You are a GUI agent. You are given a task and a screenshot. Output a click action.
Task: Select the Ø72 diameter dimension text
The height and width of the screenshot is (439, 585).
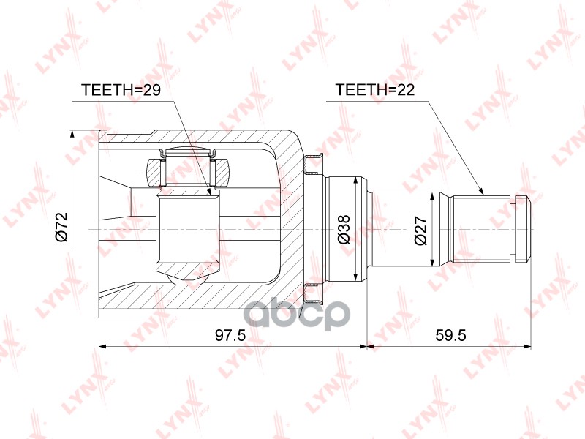click(x=62, y=228)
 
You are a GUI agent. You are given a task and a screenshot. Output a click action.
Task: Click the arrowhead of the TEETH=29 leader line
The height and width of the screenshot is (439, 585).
click(x=210, y=193)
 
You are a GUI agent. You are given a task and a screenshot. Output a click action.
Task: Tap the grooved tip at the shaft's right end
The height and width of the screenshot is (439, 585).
click(x=521, y=228)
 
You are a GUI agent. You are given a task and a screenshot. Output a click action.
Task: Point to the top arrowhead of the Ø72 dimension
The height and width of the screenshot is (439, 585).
click(x=72, y=134)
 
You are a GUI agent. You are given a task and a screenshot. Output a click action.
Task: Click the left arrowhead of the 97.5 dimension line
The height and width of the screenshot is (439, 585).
click(x=102, y=344)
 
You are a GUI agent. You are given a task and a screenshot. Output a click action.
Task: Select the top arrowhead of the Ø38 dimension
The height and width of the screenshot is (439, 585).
click(x=355, y=180)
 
